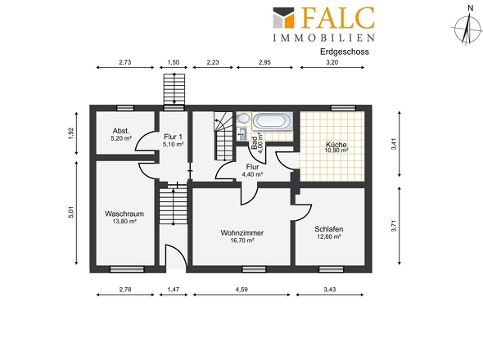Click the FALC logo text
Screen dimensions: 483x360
click(337, 17)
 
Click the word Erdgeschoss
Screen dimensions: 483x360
click(345, 52)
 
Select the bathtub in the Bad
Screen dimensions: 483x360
click(273, 120)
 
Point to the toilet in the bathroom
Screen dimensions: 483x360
click(244, 119)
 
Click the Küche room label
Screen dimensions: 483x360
click(336, 144)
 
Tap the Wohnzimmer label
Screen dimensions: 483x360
click(242, 233)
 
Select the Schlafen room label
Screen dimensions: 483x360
click(328, 229)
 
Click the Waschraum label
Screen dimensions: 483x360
click(124, 214)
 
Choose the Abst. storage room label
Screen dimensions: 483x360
click(121, 131)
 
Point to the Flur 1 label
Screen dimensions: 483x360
click(173, 137)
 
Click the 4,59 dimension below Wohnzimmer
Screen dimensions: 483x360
click(241, 290)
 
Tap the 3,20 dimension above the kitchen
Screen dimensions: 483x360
click(332, 62)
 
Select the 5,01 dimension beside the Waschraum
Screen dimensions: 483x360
click(71, 212)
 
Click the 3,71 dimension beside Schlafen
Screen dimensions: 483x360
click(394, 226)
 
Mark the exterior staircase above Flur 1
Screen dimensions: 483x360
click(174, 89)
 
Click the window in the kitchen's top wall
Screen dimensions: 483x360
click(343, 108)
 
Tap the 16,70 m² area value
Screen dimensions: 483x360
click(242, 241)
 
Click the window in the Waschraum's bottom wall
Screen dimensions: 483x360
click(127, 269)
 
